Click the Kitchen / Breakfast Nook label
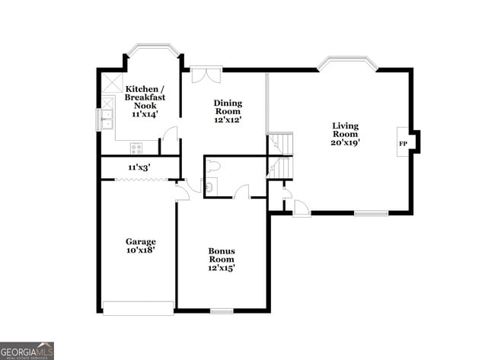(x=146, y=97)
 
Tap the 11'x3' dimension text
(x=139, y=167)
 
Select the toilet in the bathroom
(x=212, y=165)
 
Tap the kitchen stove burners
(x=136, y=148)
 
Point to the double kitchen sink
(x=107, y=119)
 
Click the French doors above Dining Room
(x=205, y=75)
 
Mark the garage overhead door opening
(x=139, y=308)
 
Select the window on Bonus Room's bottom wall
(x=222, y=311)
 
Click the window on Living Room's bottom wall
(x=371, y=213)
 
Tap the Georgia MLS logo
(x=27, y=350)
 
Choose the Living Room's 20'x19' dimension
(x=345, y=142)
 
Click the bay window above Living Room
(x=347, y=63)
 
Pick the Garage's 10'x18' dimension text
(x=140, y=250)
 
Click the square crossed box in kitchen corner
(x=111, y=82)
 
